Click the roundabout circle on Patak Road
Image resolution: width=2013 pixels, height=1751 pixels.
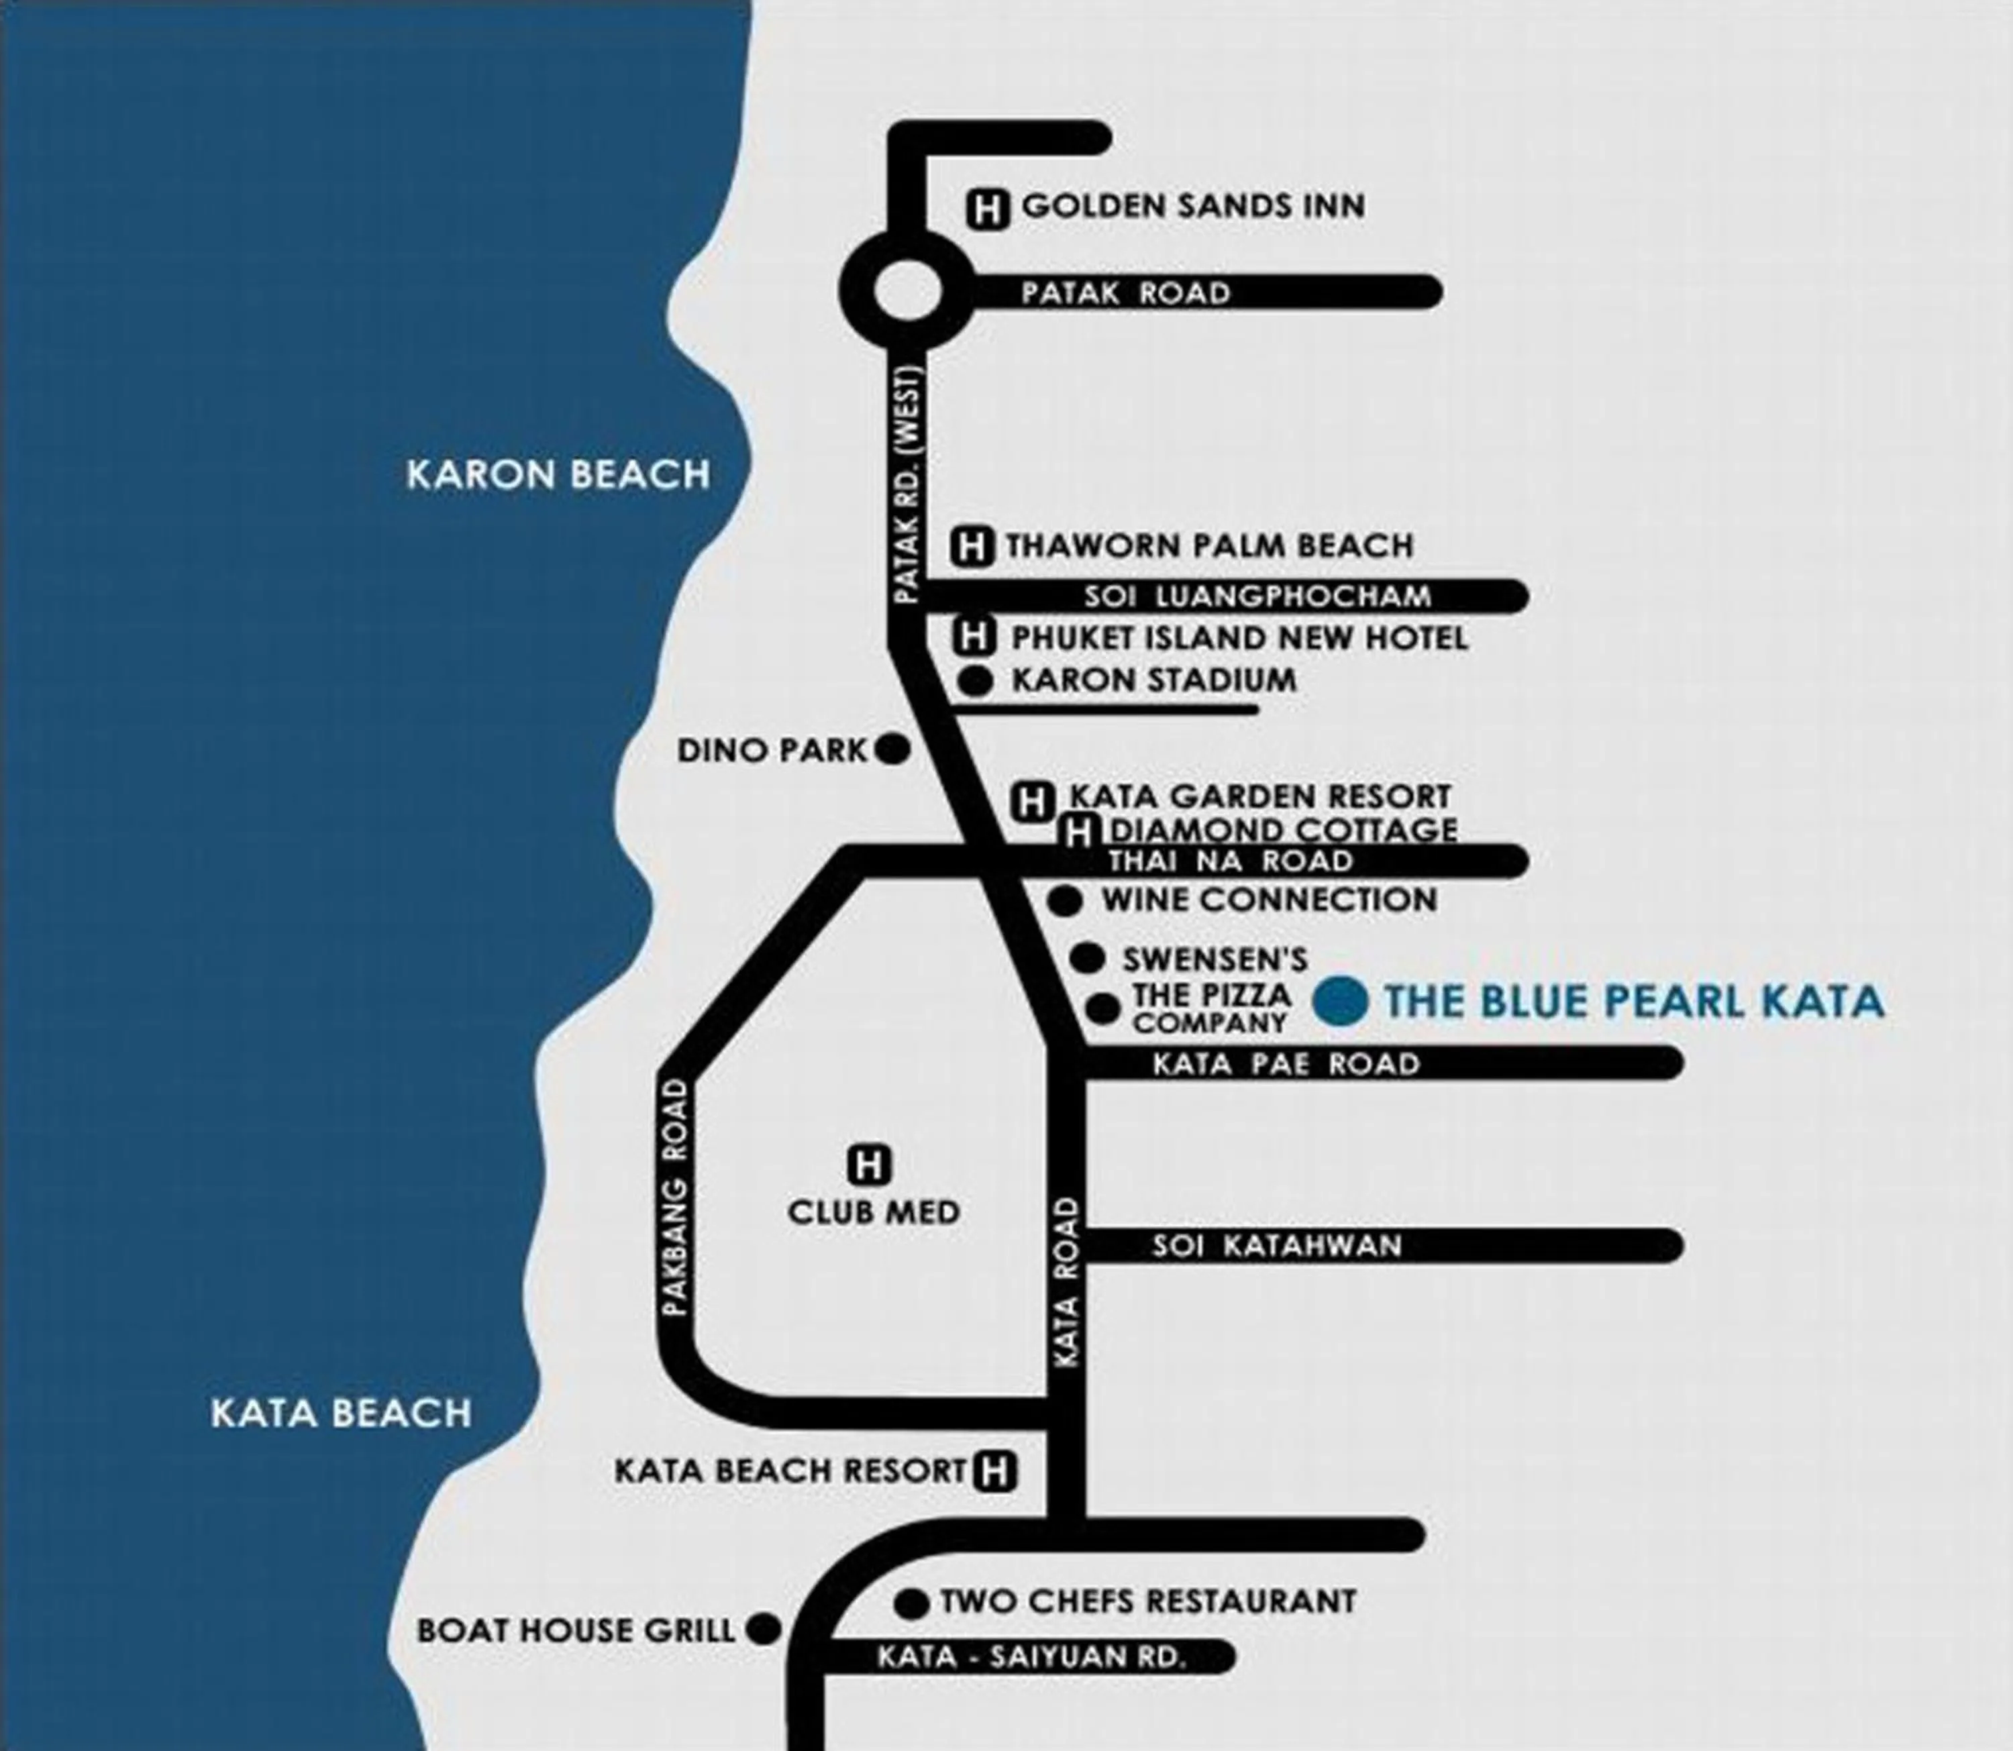tap(907, 291)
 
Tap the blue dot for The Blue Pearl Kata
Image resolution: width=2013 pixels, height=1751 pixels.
tap(1341, 1002)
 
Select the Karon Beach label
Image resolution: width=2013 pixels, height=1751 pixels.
tap(558, 475)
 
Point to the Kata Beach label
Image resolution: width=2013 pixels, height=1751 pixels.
tap(341, 1413)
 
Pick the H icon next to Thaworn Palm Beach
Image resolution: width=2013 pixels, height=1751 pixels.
tap(972, 546)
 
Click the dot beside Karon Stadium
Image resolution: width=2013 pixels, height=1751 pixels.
tap(974, 681)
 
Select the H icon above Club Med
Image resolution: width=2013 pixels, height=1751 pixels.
tap(869, 1165)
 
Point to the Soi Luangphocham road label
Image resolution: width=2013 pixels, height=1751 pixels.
tap(1257, 596)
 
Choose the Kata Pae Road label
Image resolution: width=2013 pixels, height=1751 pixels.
tap(1286, 1063)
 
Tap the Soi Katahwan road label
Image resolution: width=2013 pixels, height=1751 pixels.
tap(1276, 1246)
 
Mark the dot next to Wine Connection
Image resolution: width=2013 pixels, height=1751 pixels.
tap(1065, 901)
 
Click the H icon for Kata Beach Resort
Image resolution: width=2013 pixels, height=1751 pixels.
tap(995, 1471)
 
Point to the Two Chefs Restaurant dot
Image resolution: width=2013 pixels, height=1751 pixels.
tap(911, 1603)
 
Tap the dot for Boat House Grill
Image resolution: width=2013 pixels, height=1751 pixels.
tap(764, 1629)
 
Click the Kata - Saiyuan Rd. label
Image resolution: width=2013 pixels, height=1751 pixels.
tap(1031, 1657)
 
